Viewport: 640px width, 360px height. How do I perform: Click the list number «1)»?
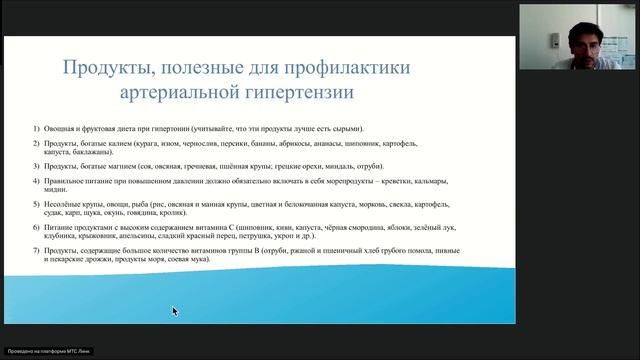35,129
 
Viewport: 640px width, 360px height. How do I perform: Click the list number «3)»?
35,165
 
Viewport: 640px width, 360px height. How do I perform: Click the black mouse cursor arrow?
174,311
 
